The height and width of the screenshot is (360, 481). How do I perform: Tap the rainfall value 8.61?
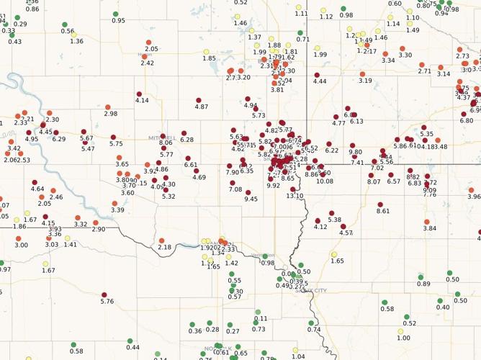point(383,211)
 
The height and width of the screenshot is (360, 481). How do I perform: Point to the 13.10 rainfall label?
point(295,196)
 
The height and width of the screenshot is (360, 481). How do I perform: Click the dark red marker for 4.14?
point(140,94)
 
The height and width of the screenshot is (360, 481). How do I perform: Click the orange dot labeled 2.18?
point(161,240)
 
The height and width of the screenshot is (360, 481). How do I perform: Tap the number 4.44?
point(320,81)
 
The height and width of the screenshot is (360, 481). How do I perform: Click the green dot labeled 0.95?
point(116,14)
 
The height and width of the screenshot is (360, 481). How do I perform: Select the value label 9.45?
point(251,199)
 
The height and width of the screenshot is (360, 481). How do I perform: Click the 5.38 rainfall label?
point(334,220)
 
